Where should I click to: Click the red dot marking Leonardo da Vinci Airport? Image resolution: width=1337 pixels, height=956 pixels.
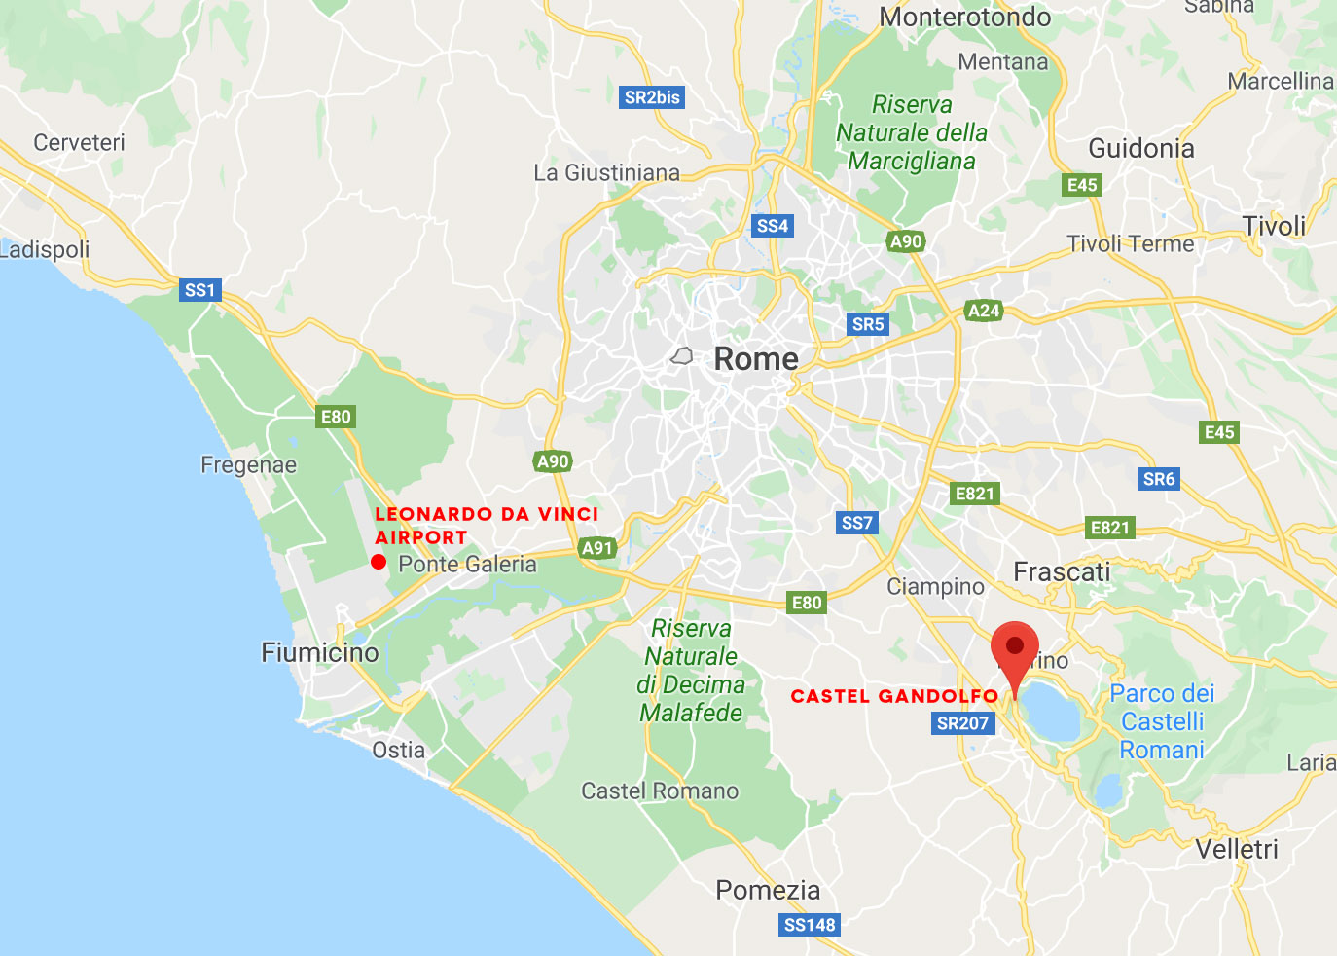click(379, 562)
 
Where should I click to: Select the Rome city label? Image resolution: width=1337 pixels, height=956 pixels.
click(756, 359)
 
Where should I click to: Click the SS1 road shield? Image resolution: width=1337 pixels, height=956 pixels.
click(199, 290)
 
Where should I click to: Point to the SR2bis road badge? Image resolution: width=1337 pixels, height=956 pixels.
click(652, 97)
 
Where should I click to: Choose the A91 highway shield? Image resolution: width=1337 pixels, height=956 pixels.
click(596, 548)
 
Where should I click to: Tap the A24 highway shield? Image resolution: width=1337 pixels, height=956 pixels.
click(983, 311)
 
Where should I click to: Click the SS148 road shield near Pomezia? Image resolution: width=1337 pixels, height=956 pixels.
click(810, 925)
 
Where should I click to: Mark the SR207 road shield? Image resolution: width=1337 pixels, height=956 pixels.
click(962, 723)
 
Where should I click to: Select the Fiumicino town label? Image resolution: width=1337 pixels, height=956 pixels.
click(320, 652)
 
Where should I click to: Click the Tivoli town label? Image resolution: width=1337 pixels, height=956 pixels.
click(1274, 227)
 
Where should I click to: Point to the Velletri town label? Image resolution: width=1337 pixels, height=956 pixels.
click(1237, 849)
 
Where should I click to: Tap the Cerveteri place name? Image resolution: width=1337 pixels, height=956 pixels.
click(79, 142)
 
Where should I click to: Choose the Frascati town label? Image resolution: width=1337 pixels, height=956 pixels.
click(1062, 571)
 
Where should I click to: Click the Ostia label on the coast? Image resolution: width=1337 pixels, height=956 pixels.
click(399, 750)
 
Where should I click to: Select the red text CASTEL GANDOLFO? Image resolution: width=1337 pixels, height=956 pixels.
click(894, 696)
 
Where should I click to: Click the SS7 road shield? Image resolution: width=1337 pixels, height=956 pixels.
click(856, 523)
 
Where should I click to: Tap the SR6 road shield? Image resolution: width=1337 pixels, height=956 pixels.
click(1159, 479)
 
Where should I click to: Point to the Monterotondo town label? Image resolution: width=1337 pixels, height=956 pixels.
click(965, 18)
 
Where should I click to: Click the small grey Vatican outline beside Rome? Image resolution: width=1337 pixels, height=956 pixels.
click(682, 357)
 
